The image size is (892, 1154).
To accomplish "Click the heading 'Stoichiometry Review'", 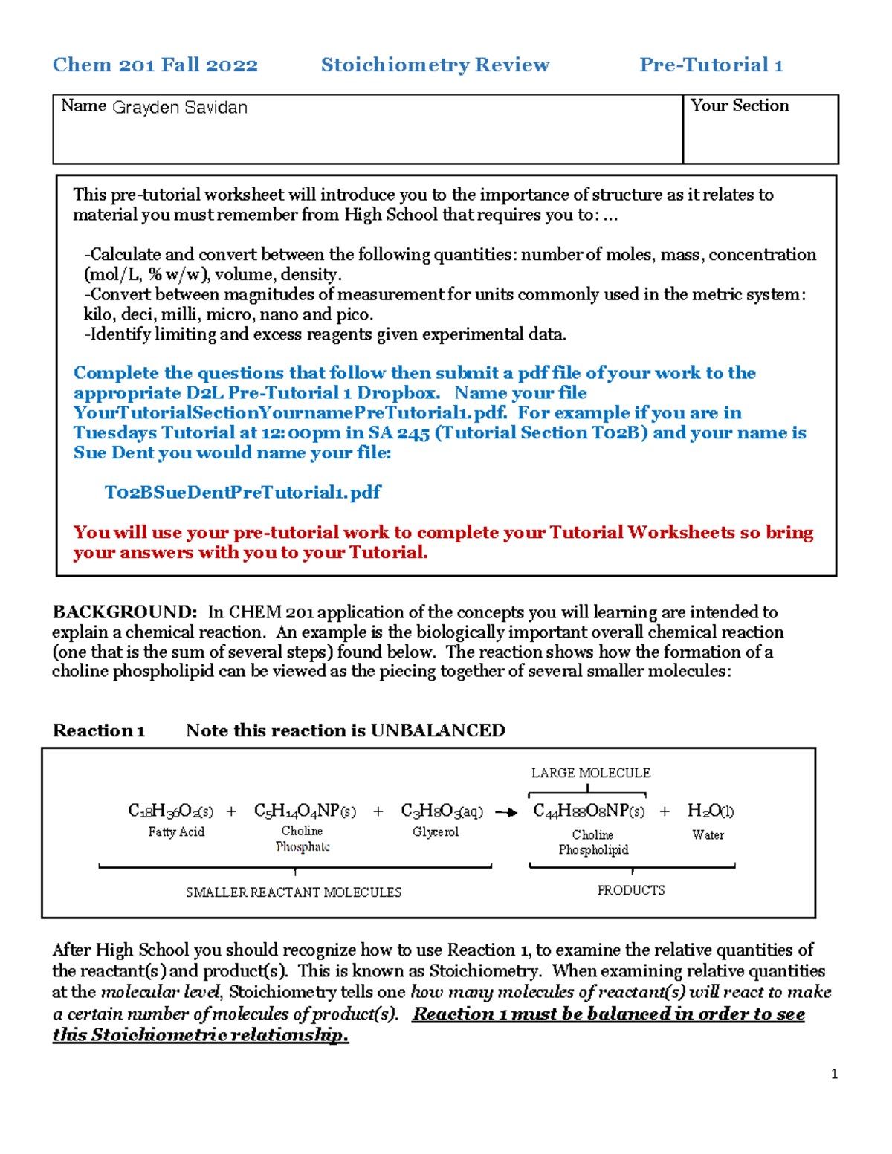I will (x=435, y=65).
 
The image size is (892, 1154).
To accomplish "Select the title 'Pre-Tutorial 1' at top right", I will (x=711, y=65).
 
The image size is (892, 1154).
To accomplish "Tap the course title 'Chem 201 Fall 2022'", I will (x=155, y=65).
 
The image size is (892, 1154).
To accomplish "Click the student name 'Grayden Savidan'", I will (x=180, y=108).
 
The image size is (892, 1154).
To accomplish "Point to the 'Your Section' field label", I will (x=740, y=106).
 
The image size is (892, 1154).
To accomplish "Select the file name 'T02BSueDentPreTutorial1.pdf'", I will (x=242, y=493).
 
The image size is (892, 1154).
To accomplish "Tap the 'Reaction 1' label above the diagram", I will (x=98, y=730).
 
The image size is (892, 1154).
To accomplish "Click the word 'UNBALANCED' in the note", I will (x=438, y=730).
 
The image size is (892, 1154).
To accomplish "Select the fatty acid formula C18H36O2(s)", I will (x=170, y=811).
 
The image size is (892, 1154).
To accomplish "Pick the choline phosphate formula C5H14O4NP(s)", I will (x=305, y=811).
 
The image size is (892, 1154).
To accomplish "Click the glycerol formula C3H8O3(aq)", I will (x=442, y=811).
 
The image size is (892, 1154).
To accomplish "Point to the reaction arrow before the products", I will (x=506, y=812).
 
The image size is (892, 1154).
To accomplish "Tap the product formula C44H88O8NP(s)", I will (x=589, y=811).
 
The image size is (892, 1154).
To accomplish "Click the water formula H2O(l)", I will (x=710, y=811).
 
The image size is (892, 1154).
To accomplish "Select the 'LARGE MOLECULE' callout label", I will (x=590, y=773).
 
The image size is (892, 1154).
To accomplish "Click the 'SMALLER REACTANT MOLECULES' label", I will (x=294, y=892).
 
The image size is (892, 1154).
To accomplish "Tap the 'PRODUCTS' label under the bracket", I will (x=631, y=890).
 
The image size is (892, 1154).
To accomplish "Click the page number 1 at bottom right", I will (x=834, y=1074).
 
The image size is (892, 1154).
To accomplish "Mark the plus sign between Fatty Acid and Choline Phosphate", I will (x=231, y=811).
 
